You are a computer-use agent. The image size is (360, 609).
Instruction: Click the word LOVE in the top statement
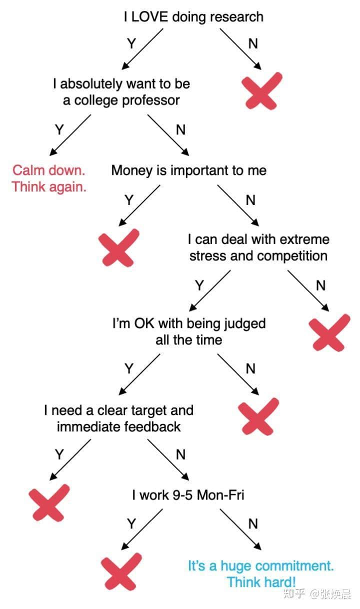(x=149, y=17)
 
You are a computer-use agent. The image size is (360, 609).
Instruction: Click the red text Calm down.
(x=49, y=170)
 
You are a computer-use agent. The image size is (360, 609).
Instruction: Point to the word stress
(x=207, y=256)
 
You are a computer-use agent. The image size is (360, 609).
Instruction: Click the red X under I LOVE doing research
(x=262, y=91)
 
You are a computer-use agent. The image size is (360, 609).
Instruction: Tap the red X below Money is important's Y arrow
(x=119, y=247)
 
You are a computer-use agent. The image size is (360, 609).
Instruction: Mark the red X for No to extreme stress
(x=329, y=333)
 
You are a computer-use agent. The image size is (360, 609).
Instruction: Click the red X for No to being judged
(x=258, y=417)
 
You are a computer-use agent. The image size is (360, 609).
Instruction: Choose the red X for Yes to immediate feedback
(x=49, y=502)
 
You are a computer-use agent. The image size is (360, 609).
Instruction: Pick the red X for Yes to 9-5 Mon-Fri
(x=121, y=571)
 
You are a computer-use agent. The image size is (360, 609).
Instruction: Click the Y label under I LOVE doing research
(x=131, y=43)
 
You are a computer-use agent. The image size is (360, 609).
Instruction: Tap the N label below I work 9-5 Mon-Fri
(x=253, y=523)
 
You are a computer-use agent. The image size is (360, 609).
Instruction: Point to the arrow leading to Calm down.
(x=70, y=135)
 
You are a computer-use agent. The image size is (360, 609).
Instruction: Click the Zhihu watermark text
(x=317, y=594)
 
